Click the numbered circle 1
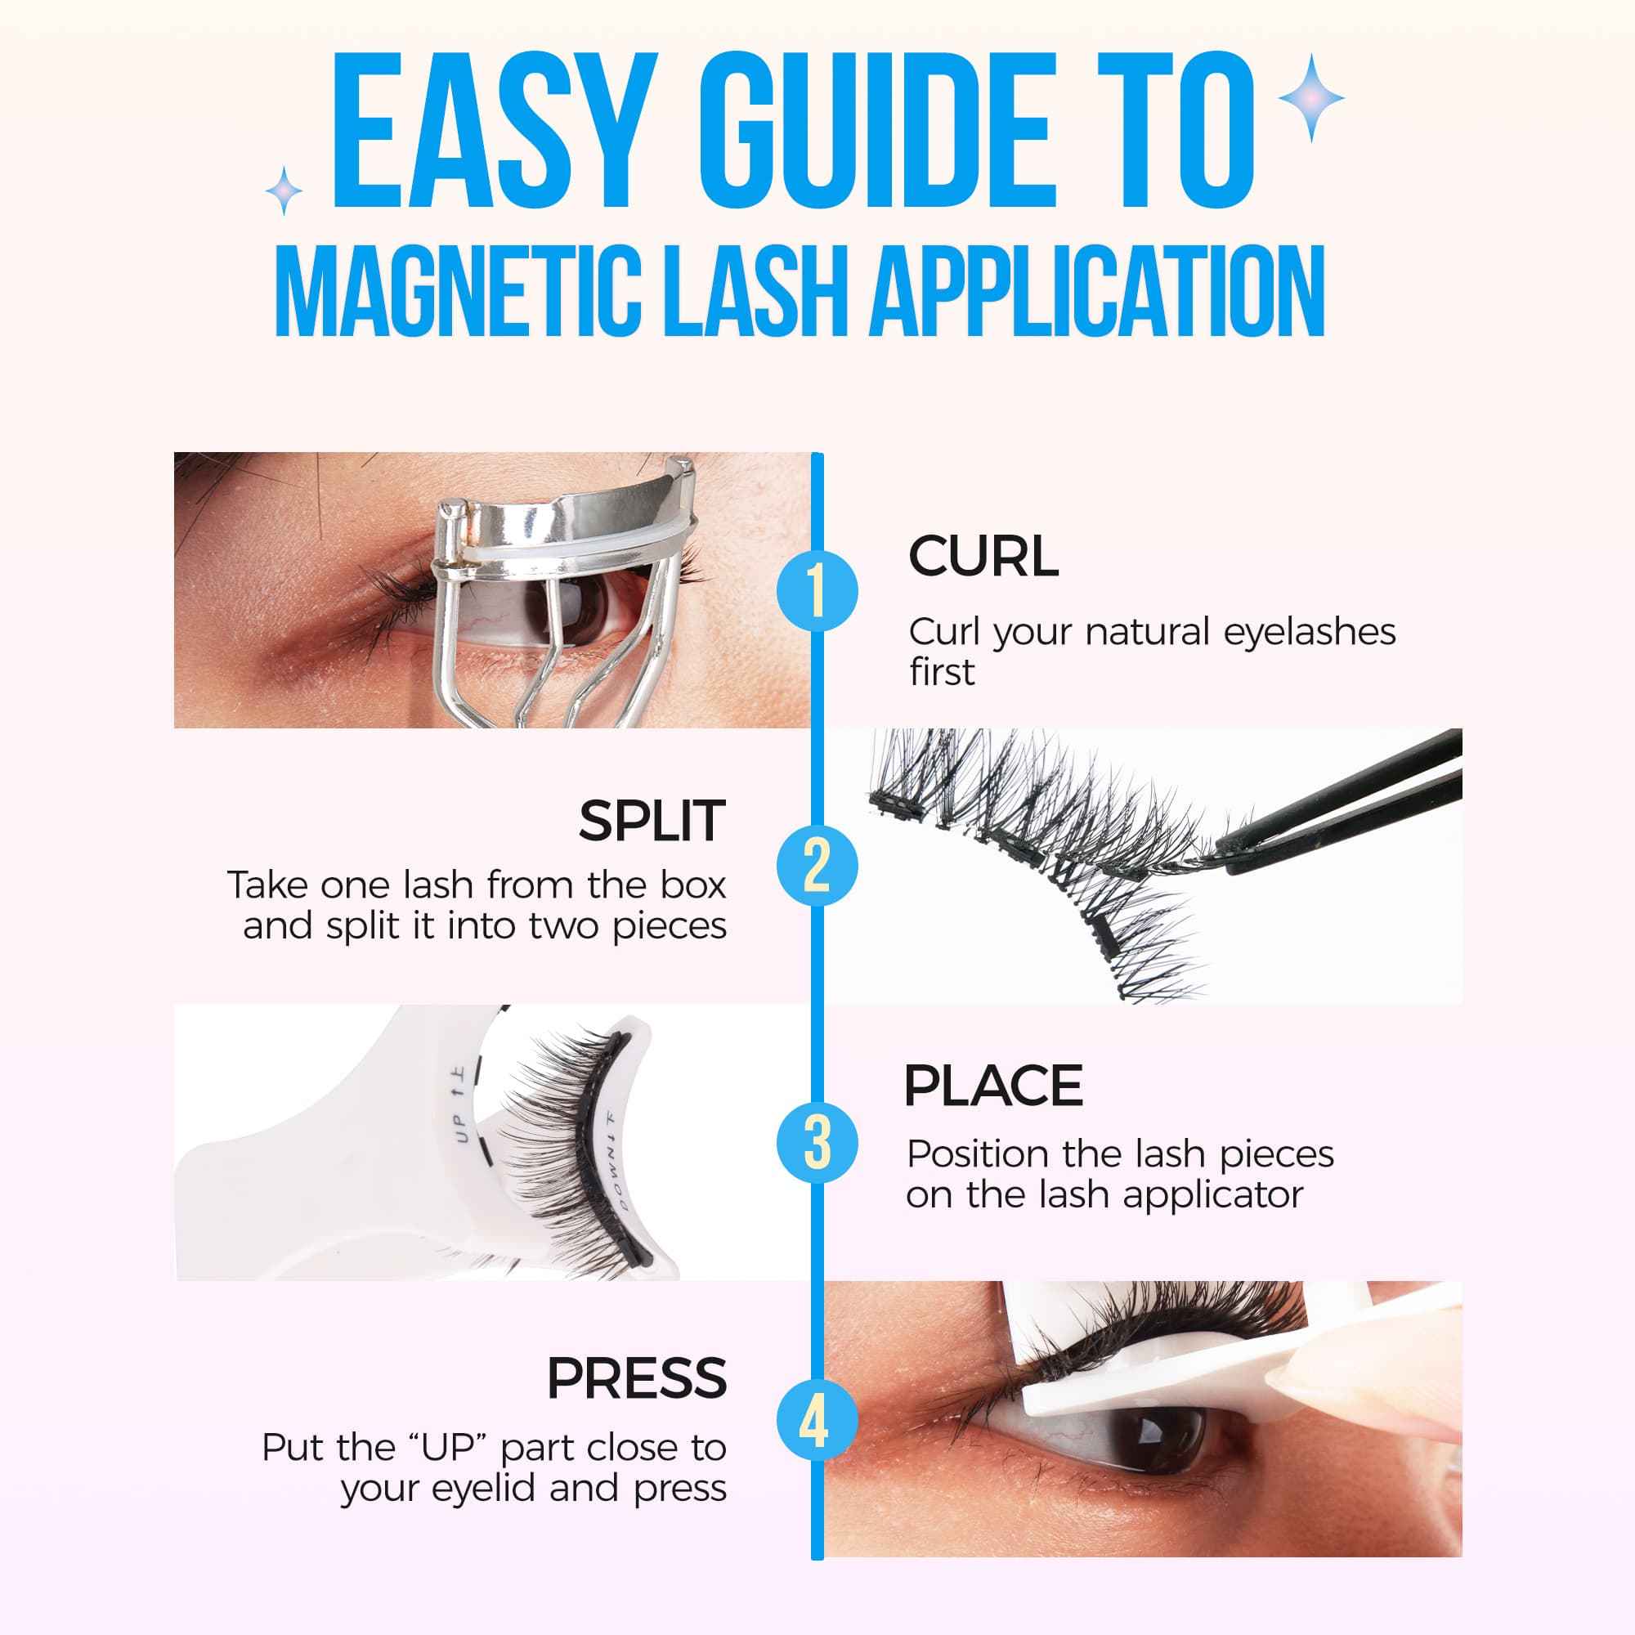coord(817,590)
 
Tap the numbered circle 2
coord(817,865)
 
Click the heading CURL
coord(983,557)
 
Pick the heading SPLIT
coord(652,821)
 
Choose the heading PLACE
coord(992,1086)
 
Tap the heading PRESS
coord(636,1378)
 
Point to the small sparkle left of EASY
coord(284,191)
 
